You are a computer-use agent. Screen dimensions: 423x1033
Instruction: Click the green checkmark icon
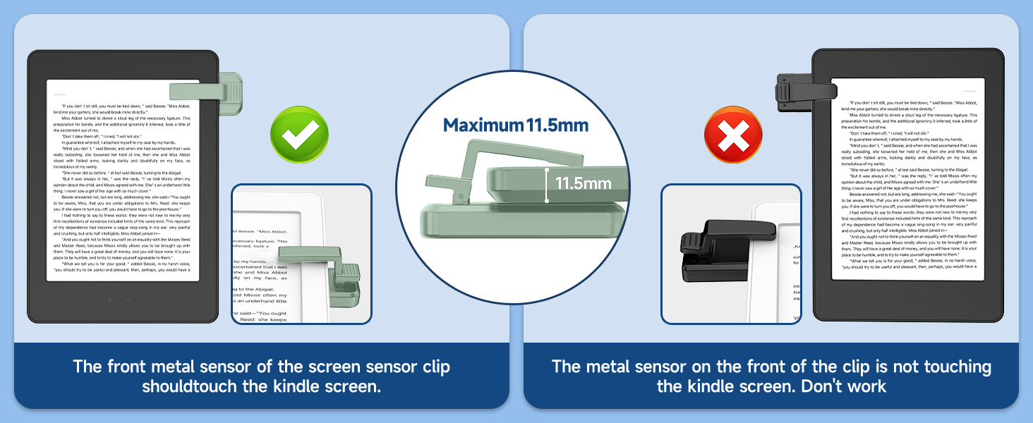click(300, 134)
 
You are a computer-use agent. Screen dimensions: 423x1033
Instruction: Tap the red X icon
click(733, 135)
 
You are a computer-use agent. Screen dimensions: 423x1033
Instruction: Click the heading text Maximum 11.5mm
click(516, 125)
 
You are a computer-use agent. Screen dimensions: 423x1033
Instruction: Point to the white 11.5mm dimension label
click(583, 184)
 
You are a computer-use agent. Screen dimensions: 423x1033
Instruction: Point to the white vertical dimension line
click(547, 185)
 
